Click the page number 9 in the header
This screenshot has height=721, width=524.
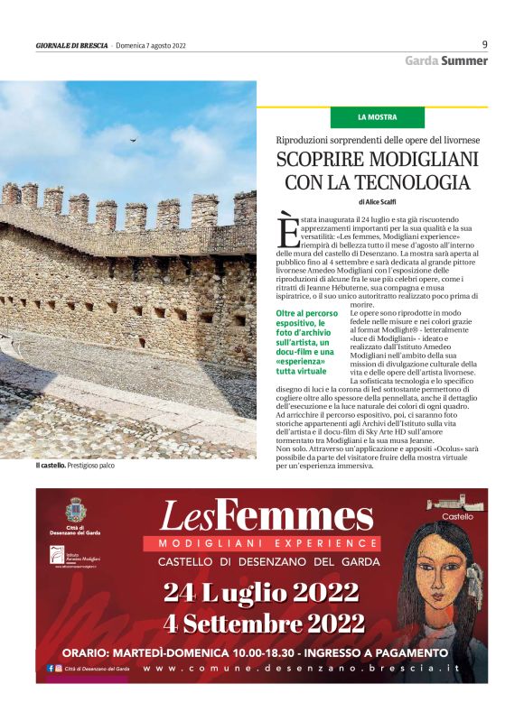pos(484,43)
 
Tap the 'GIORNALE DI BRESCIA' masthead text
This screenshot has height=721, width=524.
pos(71,45)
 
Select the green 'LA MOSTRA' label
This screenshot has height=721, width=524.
pos(377,117)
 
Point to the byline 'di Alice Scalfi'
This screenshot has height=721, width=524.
pos(378,202)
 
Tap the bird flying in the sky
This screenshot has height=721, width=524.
pos(135,141)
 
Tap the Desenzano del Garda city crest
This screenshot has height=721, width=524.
pos(74,508)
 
